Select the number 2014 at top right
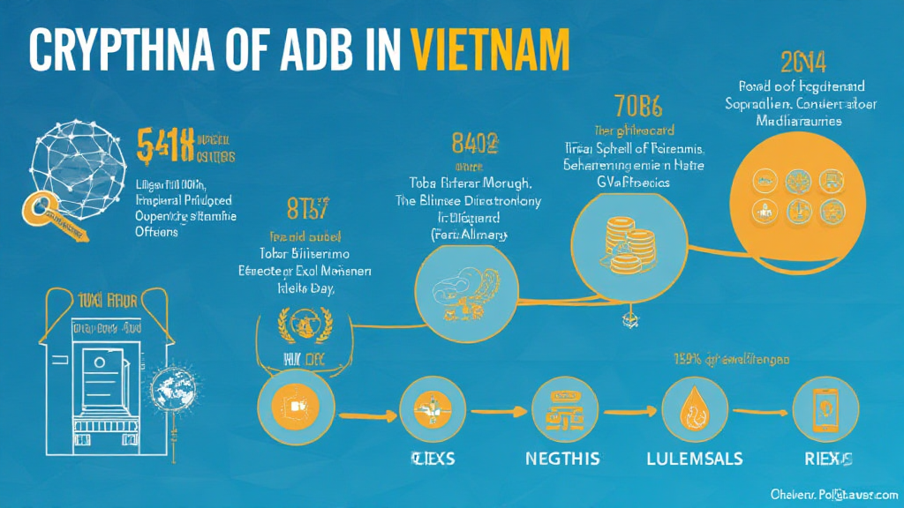pyautogui.click(x=803, y=62)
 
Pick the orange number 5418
pyautogui.click(x=165, y=146)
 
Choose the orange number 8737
pyautogui.click(x=307, y=212)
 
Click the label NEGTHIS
pyautogui.click(x=561, y=459)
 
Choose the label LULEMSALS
pyautogui.click(x=695, y=459)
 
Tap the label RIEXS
pyautogui.click(x=827, y=459)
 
